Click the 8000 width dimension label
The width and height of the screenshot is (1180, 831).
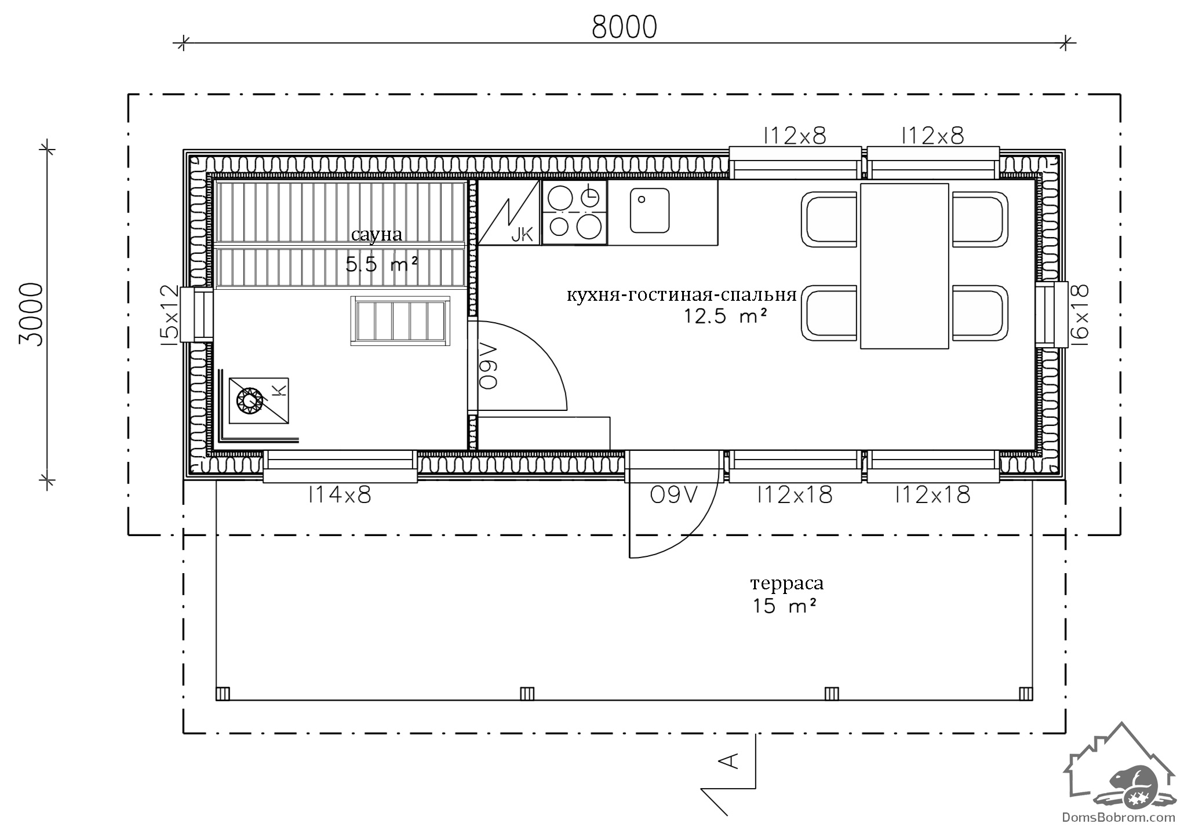coord(624,27)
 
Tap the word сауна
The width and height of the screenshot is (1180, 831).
coord(377,235)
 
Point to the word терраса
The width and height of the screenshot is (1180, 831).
coord(786,584)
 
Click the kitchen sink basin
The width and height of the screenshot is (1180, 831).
coord(650,210)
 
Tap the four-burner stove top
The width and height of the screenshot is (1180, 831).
coord(574,212)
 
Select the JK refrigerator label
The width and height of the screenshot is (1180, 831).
coord(522,234)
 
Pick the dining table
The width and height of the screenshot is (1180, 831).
coord(904,266)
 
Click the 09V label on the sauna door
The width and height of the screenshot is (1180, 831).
coord(489,366)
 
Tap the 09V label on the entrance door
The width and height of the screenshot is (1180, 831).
coord(674,495)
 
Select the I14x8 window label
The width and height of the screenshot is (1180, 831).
coord(340,495)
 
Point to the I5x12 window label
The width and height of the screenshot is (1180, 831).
coord(171,315)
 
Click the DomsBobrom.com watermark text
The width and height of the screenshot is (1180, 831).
coord(1118,818)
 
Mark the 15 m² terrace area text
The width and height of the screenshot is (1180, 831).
coord(785,606)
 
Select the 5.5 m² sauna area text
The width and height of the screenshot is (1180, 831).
coord(382,265)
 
